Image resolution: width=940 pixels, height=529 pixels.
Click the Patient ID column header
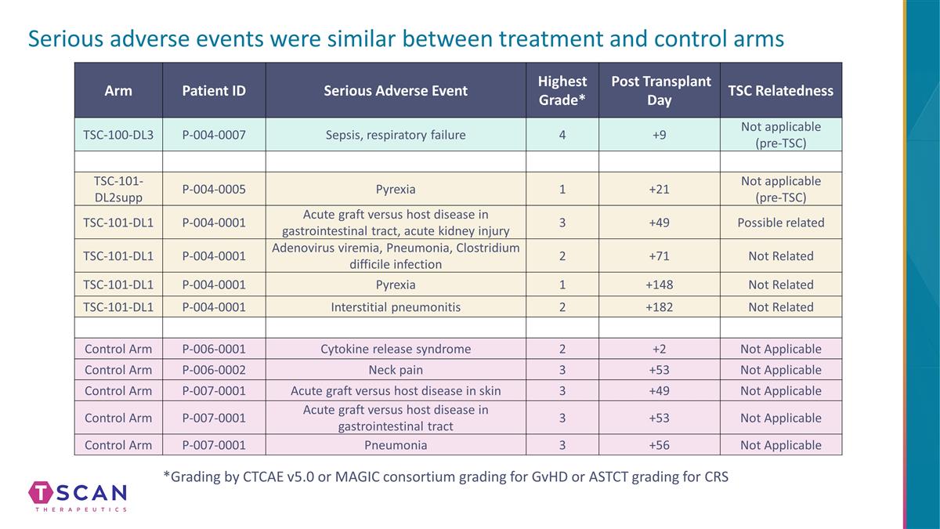tap(214, 91)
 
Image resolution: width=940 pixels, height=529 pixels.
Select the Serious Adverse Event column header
tap(396, 91)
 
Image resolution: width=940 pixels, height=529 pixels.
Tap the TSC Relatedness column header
tap(780, 91)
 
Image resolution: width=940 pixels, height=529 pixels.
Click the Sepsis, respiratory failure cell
tap(396, 135)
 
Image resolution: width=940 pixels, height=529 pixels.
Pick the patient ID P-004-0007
tap(214, 135)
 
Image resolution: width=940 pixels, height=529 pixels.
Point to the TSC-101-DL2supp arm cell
tap(118, 189)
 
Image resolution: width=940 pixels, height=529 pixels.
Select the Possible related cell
tap(780, 223)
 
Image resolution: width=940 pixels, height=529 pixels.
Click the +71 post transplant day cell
tap(659, 256)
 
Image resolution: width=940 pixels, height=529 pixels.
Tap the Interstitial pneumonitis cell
tap(396, 307)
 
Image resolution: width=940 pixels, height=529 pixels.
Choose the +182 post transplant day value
tap(659, 307)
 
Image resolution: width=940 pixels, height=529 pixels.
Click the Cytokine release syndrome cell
tap(396, 349)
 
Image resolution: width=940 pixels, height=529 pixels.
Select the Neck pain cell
tap(396, 370)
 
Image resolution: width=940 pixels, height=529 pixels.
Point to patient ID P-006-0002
tap(214, 370)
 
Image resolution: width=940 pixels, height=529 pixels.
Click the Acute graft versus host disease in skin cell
tap(396, 391)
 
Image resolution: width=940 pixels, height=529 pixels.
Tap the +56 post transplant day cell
tap(659, 445)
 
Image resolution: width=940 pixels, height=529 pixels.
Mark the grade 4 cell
tap(562, 135)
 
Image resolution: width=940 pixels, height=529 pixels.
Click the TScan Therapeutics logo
tap(78, 496)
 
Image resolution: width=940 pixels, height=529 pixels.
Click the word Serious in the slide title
tap(66, 38)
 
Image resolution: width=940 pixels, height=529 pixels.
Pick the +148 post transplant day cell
tap(659, 284)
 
